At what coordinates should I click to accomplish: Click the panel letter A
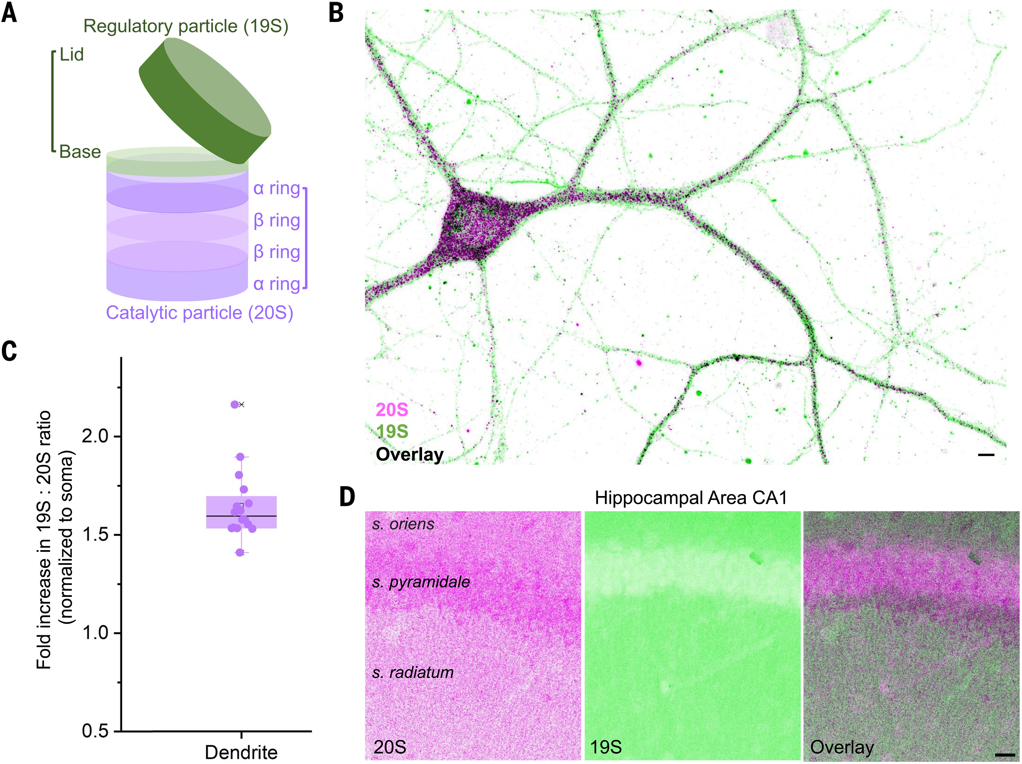point(9,13)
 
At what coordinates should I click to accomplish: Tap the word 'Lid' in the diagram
point(72,55)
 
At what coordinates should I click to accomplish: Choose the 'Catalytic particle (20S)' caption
point(200,313)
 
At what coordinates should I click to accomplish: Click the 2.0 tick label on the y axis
point(95,436)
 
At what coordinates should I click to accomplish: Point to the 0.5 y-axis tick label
point(95,731)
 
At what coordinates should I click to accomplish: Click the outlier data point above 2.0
point(235,405)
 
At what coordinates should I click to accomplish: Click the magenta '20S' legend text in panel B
point(392,410)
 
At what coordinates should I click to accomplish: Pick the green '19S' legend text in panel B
point(392,432)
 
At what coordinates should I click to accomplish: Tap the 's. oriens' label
point(403,524)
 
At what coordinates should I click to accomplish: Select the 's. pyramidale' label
point(421,582)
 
